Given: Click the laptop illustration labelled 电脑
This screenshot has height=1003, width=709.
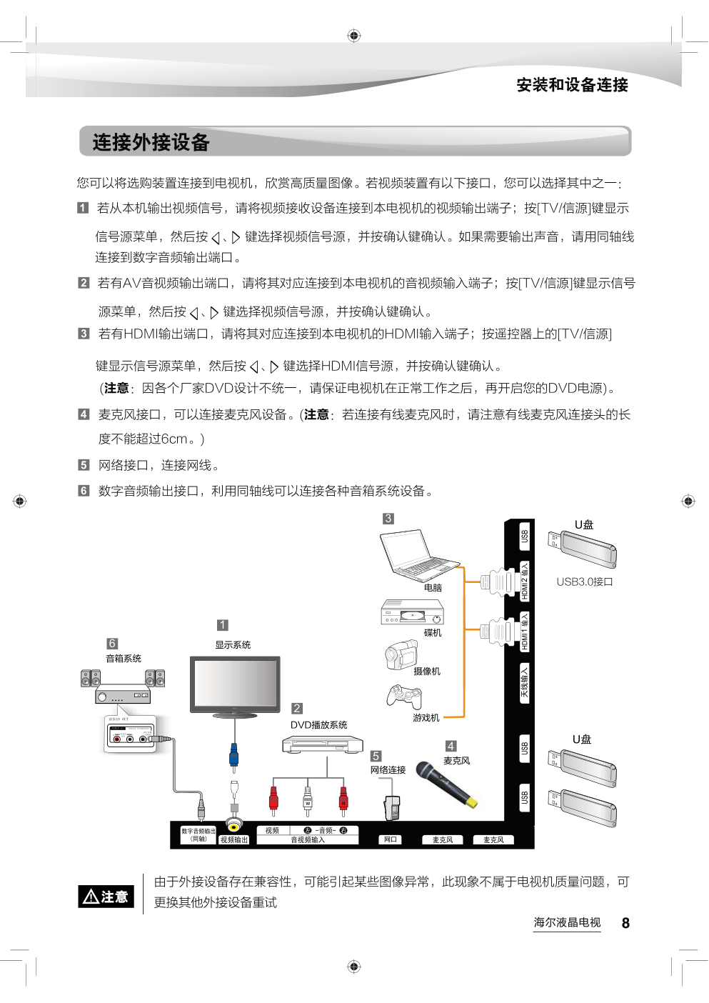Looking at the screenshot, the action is pyautogui.click(x=420, y=555).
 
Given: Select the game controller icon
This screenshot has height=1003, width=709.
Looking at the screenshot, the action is pyautogui.click(x=404, y=697).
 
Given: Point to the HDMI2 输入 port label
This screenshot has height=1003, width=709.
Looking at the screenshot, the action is pyautogui.click(x=525, y=581).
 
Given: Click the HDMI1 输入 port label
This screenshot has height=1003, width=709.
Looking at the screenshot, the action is pyautogui.click(x=525, y=632).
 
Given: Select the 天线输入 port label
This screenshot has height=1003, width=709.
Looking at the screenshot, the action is pyautogui.click(x=525, y=683).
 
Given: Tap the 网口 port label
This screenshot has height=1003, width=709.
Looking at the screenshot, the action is pyautogui.click(x=391, y=839).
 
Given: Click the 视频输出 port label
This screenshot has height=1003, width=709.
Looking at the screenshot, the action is pyautogui.click(x=234, y=840).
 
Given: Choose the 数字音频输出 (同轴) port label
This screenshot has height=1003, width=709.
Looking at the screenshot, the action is pyautogui.click(x=198, y=835).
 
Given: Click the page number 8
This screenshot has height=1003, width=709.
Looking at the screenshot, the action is pyautogui.click(x=625, y=923).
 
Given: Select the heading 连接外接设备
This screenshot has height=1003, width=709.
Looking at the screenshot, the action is pyautogui.click(x=151, y=142).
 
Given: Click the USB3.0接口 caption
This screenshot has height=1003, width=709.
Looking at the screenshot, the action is pyautogui.click(x=585, y=582).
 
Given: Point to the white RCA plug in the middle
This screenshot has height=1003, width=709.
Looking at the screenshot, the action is pyautogui.click(x=307, y=801).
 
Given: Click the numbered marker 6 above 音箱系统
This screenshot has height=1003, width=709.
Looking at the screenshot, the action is pyautogui.click(x=112, y=644).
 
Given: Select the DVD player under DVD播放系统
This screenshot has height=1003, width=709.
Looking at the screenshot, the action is pyautogui.click(x=322, y=744).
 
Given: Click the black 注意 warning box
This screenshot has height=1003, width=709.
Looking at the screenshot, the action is pyautogui.click(x=106, y=897).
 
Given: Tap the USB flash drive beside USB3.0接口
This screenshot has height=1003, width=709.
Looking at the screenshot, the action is pyautogui.click(x=583, y=549).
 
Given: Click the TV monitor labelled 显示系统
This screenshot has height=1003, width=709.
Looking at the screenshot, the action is pyautogui.click(x=235, y=687).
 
